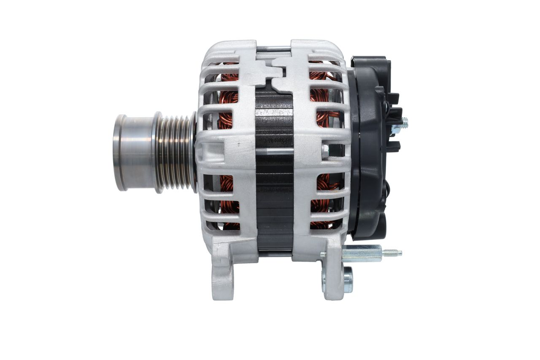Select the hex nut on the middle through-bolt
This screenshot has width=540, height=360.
pyautogui.click(x=325, y=152)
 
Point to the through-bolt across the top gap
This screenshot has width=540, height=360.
pyautogui.click(x=273, y=49)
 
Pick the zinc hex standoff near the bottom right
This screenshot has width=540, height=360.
pyautogui.click(x=362, y=253)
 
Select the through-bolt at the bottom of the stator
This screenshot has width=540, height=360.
pyautogui.click(x=274, y=254)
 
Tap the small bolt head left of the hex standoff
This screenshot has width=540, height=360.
pyautogui.click(x=323, y=254)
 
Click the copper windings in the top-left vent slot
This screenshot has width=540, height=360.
pyautogui.click(x=229, y=76)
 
